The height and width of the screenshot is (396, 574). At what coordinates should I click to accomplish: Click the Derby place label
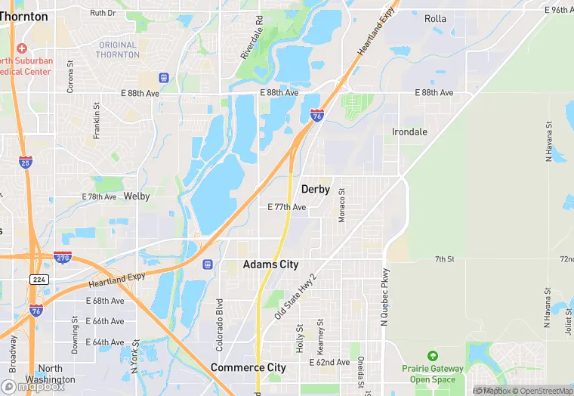(316, 189)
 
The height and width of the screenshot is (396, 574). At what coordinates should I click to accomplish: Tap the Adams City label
(270, 265)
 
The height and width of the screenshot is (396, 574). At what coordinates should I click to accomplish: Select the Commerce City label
(248, 367)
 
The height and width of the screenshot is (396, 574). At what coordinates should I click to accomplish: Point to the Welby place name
(137, 196)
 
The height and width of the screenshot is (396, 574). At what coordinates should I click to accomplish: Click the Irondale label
(409, 131)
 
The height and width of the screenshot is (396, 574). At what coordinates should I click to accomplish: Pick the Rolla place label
(435, 19)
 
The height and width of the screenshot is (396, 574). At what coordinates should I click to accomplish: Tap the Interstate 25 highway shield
(26, 162)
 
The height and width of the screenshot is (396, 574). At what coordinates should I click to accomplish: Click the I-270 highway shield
(63, 258)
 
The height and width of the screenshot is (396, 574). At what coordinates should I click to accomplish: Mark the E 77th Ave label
(287, 207)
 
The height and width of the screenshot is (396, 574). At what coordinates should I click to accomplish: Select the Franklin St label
(97, 121)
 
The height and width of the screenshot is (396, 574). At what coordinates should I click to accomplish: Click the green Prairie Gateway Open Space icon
(432, 355)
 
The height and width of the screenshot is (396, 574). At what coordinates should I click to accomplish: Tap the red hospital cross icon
(22, 48)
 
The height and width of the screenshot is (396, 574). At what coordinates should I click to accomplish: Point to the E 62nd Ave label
(330, 363)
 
